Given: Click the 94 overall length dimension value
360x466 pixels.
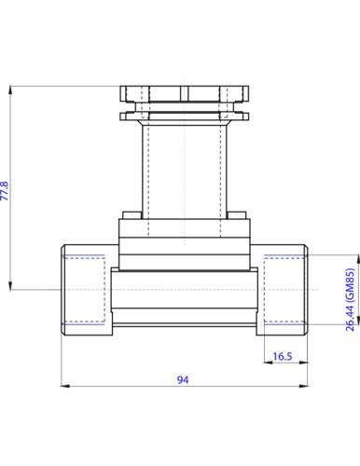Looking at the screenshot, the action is tap(183, 379).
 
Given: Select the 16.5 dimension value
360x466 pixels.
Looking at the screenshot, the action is tap(283, 356).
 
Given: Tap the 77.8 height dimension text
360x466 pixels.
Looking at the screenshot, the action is tap(5, 191).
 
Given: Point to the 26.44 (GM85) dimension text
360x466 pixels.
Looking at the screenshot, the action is tap(350, 299).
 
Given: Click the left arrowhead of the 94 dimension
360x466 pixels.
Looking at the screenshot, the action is tap(64, 386).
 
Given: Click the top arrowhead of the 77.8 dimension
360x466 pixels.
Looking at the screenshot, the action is tap(11, 89).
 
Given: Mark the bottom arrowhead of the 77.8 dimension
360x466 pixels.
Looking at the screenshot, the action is tap(11, 285).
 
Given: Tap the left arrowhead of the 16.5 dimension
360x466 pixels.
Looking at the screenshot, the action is tap(268, 363).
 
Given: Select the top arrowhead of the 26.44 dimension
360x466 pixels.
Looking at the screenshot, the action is tap(358, 259).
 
